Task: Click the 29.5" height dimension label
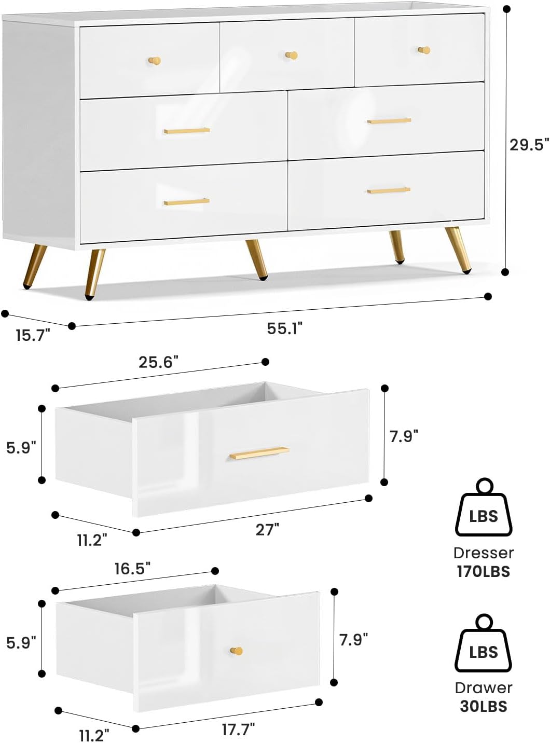pyautogui.click(x=529, y=145)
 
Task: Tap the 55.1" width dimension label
pyautogui.click(x=285, y=328)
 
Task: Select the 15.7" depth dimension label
pyautogui.click(x=32, y=335)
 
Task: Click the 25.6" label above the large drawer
pyautogui.click(x=159, y=362)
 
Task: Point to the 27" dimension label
pyautogui.click(x=268, y=530)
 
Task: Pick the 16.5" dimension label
pyautogui.click(x=133, y=569)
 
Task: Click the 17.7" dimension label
pyautogui.click(x=238, y=730)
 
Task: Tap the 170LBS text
pyautogui.click(x=483, y=572)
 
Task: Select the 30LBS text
pyautogui.click(x=483, y=706)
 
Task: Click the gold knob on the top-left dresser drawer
pyautogui.click(x=154, y=61)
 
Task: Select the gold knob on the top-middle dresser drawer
pyautogui.click(x=292, y=55)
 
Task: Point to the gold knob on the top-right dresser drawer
pyautogui.click(x=424, y=50)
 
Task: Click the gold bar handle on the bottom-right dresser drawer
pyautogui.click(x=389, y=190)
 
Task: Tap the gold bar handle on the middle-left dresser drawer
pyautogui.click(x=187, y=131)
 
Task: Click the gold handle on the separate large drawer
pyautogui.click(x=259, y=453)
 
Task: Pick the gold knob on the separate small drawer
pyautogui.click(x=237, y=651)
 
